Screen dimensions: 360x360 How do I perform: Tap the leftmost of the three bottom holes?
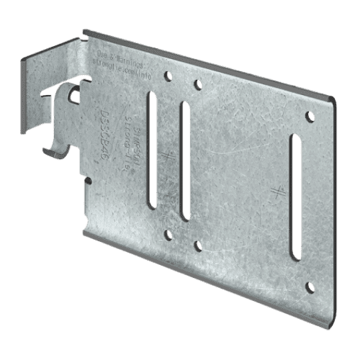167,233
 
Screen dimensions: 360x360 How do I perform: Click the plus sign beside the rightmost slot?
277,192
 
